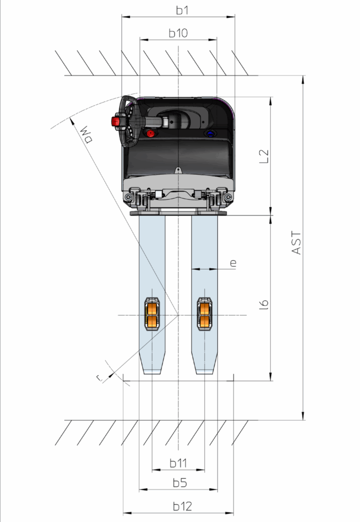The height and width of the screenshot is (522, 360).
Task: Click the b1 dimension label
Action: click(182, 10)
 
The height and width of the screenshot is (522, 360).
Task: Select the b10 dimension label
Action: click(178, 33)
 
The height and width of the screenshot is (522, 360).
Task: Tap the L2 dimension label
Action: click(264, 156)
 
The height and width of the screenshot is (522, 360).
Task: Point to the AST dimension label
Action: click(296, 243)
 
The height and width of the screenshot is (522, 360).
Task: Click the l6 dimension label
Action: click(264, 304)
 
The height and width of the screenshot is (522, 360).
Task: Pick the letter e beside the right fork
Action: click(234, 263)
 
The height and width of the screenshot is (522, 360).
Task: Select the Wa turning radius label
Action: click(86, 134)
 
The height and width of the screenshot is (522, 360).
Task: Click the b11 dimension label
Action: click(178, 463)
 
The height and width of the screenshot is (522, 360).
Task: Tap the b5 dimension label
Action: click(180, 483)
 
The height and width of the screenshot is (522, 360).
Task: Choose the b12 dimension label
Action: click(183, 506)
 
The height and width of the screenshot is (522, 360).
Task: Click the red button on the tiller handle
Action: click(116, 121)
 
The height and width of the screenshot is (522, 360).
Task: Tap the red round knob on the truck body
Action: click(150, 134)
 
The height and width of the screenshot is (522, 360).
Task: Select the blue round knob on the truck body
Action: click(211, 134)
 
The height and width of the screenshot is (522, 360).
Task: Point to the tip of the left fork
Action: click(152, 373)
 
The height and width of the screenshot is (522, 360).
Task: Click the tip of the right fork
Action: click(204, 373)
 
